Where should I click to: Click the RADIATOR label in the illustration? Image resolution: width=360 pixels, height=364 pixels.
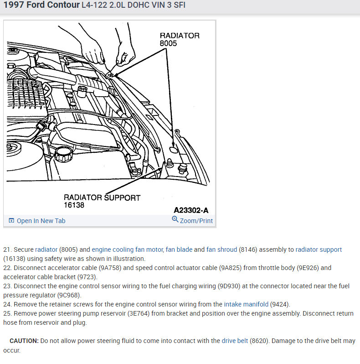pyautogui.click(x=179, y=36)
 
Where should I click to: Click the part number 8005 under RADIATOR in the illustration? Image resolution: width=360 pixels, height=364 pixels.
pyautogui.click(x=168, y=44)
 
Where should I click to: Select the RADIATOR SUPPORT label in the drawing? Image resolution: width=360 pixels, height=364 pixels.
pyautogui.click(x=102, y=198)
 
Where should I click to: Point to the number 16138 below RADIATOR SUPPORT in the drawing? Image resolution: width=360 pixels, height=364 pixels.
pyautogui.click(x=74, y=205)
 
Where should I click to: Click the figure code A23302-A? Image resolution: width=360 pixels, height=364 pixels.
pyautogui.click(x=191, y=210)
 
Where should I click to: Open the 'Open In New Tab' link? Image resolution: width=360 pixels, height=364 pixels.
pyautogui.click(x=41, y=221)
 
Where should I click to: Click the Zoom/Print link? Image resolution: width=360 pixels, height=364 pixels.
pyautogui.click(x=196, y=221)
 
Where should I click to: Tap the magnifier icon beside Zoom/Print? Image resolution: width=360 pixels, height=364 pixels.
pyautogui.click(x=175, y=220)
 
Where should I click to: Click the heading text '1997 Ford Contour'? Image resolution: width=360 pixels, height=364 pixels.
pyautogui.click(x=41, y=5)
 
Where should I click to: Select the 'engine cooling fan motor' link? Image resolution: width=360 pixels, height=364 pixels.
pyautogui.click(x=127, y=250)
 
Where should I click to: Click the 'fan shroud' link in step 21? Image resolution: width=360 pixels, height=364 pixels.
pyautogui.click(x=222, y=250)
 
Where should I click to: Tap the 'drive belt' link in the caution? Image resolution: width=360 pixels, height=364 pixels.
pyautogui.click(x=235, y=341)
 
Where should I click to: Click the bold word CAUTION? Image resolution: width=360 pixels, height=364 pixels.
pyautogui.click(x=24, y=341)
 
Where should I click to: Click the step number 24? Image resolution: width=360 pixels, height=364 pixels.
pyautogui.click(x=7, y=304)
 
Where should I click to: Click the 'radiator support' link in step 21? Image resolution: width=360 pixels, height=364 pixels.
pyautogui.click(x=319, y=250)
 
